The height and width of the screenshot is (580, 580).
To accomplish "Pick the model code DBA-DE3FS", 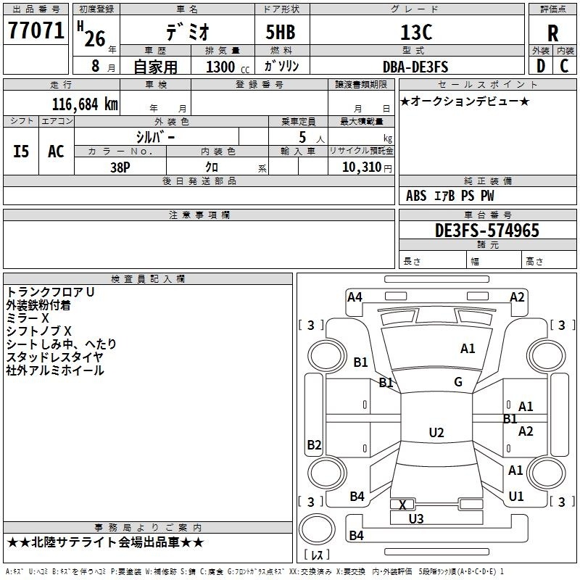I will click(x=415, y=67).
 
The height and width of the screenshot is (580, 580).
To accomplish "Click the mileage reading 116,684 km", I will click(x=84, y=104).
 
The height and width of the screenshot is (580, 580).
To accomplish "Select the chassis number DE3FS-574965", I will click(x=487, y=231).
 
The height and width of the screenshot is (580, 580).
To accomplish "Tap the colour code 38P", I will click(x=120, y=167).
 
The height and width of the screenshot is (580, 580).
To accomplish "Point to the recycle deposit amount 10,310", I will click(x=360, y=167).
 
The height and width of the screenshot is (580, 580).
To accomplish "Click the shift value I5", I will click(x=22, y=152).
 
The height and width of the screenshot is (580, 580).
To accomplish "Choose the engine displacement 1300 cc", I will click(x=220, y=67).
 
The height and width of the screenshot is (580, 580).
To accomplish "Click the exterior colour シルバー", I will click(x=155, y=136).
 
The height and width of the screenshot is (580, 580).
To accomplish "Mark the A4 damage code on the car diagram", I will click(x=355, y=297).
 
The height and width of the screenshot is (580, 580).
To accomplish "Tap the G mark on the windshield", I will click(x=458, y=382).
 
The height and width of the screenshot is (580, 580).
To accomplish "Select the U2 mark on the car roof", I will click(x=436, y=433).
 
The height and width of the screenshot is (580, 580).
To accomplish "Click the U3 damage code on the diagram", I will click(x=416, y=518).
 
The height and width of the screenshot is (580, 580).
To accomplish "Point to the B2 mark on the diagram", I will click(x=314, y=445).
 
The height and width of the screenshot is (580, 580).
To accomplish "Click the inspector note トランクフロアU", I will click(x=51, y=292).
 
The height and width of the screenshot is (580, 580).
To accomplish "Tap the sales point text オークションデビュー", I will click(x=465, y=101).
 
